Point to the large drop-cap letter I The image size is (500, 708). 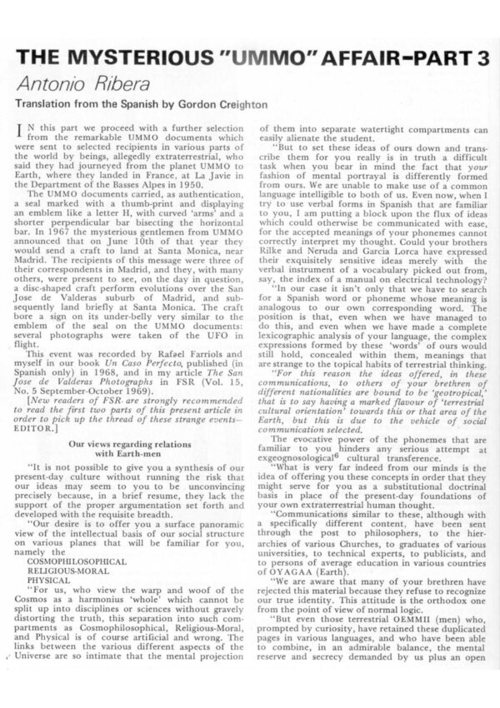point(32,132)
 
